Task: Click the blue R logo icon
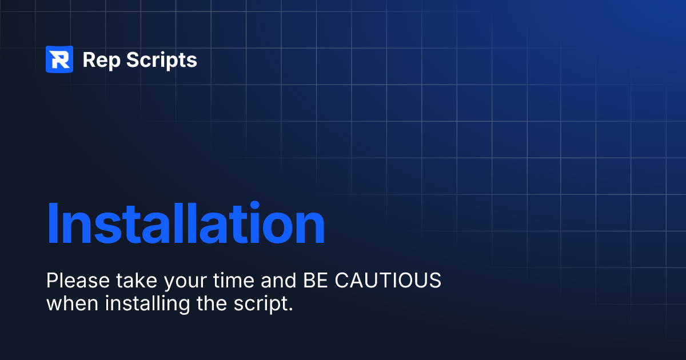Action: click(x=59, y=59)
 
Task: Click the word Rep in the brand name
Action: click(x=101, y=61)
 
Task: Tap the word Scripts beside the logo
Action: click(x=162, y=61)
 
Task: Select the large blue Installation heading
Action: click(x=186, y=222)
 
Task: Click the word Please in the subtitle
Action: click(x=78, y=281)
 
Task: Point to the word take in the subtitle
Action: click(x=137, y=281)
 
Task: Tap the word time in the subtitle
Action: click(x=233, y=281)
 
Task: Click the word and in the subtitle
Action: click(x=279, y=281)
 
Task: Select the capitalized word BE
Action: click(x=316, y=281)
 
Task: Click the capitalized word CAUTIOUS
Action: click(x=388, y=281)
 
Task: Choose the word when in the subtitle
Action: click(x=72, y=303)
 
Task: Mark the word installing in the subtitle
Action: click(x=147, y=305)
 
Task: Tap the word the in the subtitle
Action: click(x=212, y=303)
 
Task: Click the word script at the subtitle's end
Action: click(x=260, y=305)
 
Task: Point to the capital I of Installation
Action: click(x=53, y=223)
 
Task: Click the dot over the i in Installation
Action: click(x=254, y=205)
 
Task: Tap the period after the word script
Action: click(x=290, y=310)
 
